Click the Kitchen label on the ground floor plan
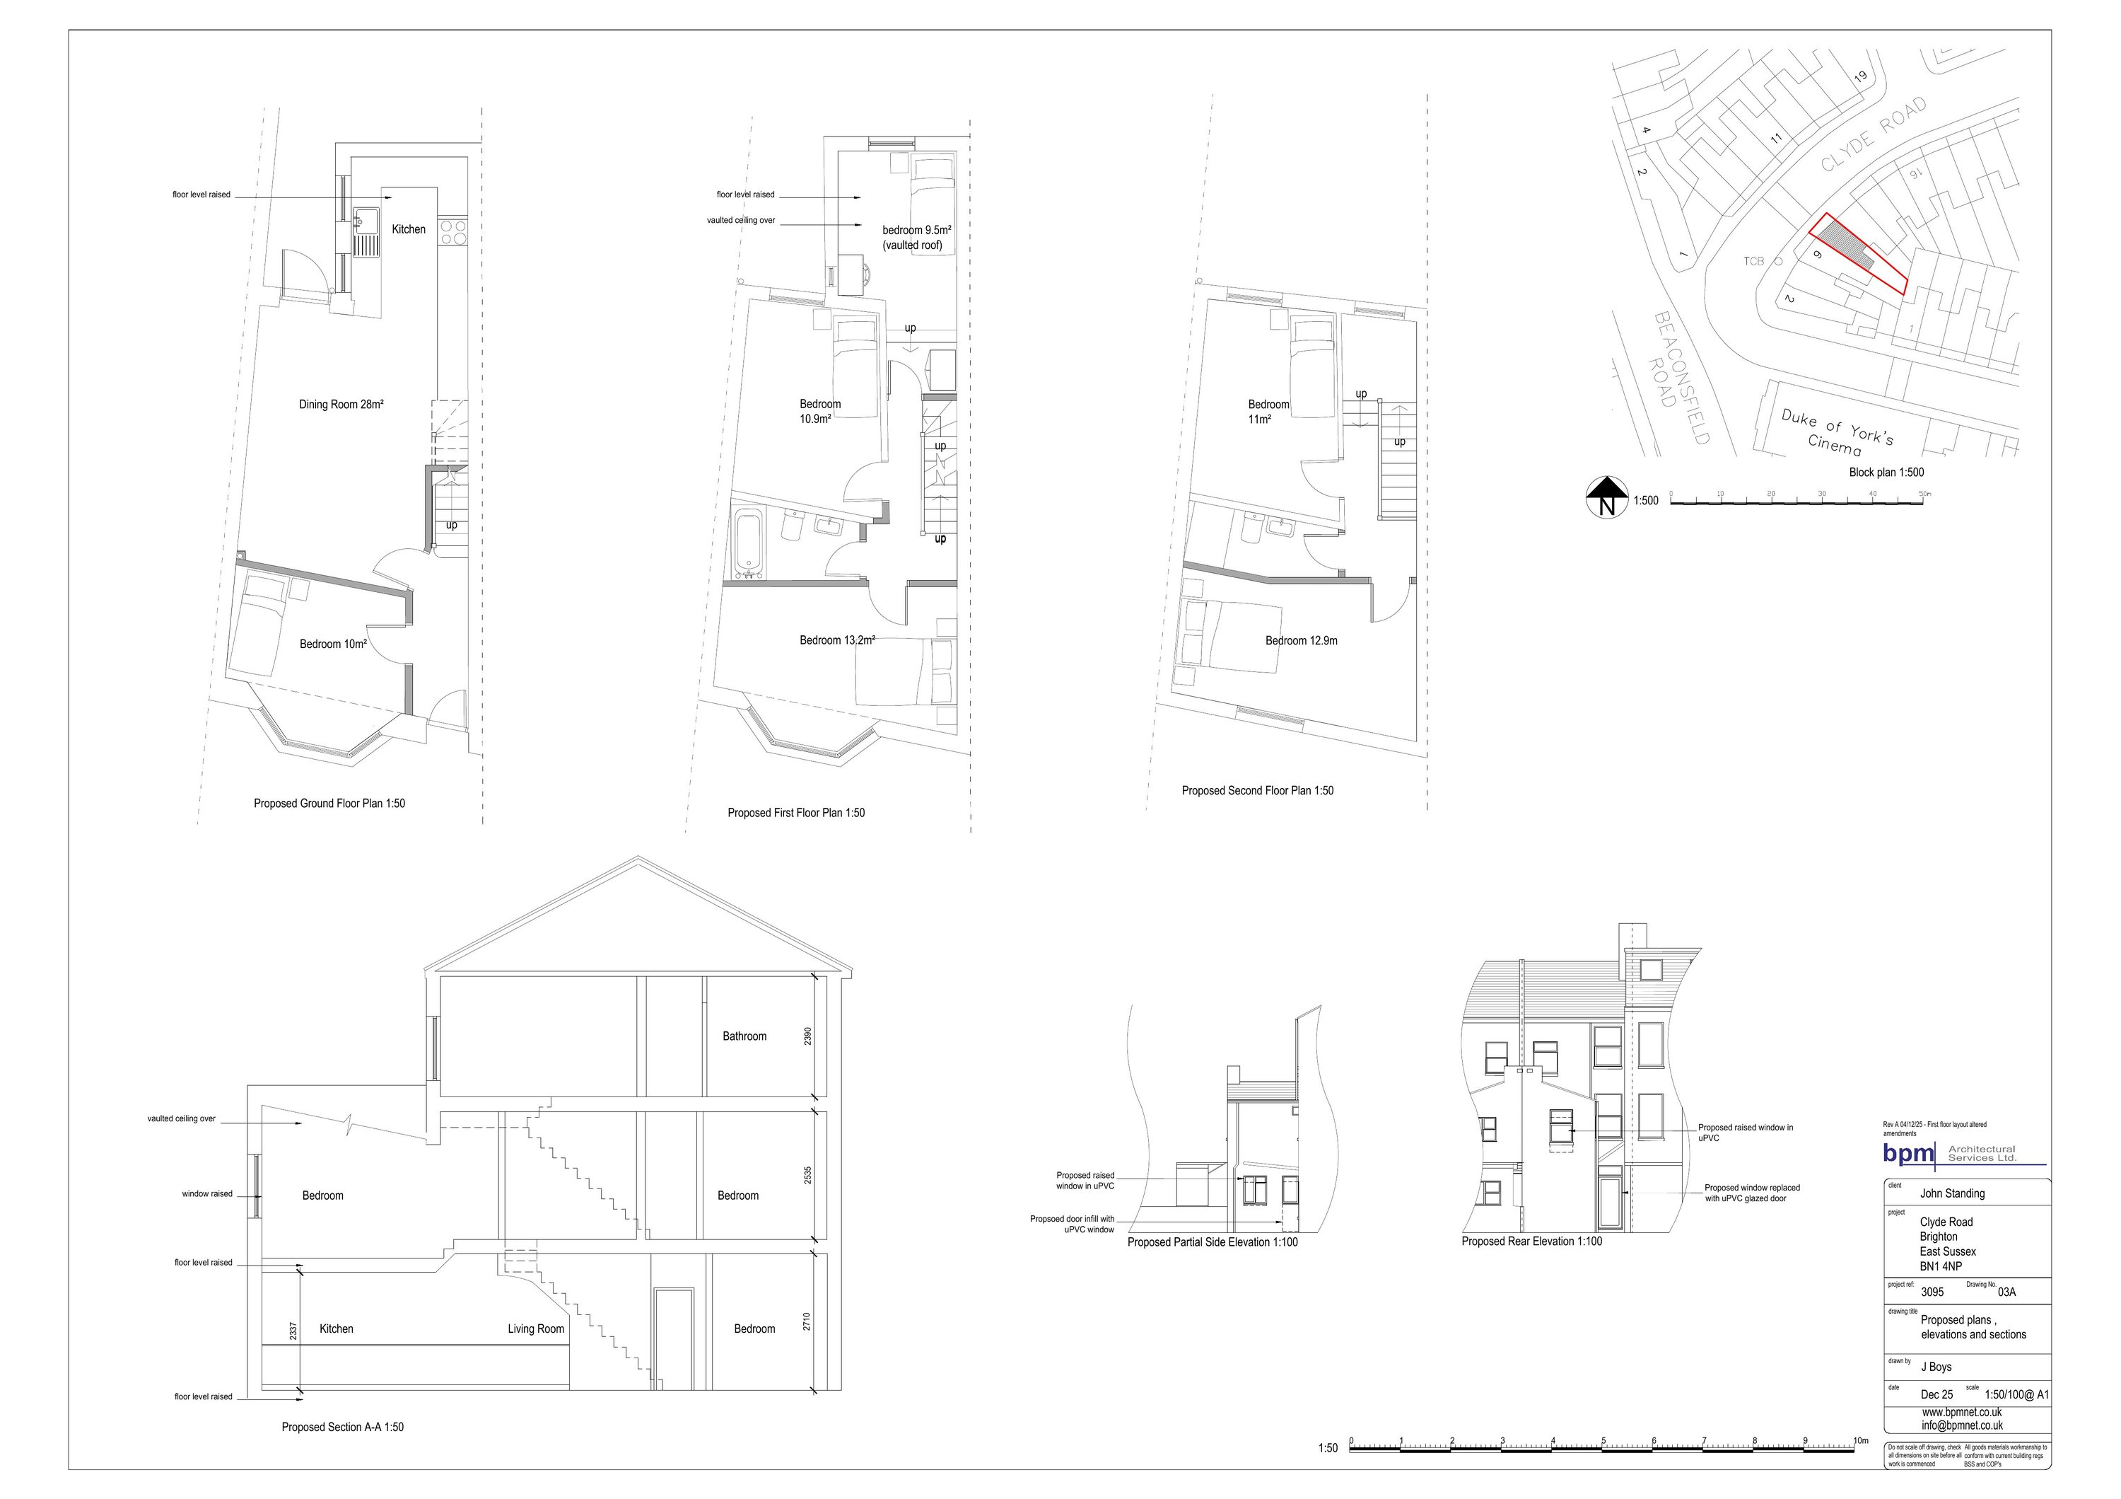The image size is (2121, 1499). click(409, 229)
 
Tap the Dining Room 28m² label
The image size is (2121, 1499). click(341, 405)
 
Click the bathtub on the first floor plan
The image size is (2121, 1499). click(747, 543)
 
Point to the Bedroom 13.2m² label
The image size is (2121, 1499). click(837, 640)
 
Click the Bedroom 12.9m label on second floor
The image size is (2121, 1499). click(1301, 640)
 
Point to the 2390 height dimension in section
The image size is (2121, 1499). click(807, 1036)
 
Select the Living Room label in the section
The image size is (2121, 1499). click(536, 1329)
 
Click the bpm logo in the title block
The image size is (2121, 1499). click(1908, 1153)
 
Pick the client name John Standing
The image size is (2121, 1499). click(1952, 1194)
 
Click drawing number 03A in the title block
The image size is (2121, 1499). click(2006, 1292)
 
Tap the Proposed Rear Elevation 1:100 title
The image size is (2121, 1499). click(1531, 1242)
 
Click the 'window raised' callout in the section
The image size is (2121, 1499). click(207, 1194)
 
